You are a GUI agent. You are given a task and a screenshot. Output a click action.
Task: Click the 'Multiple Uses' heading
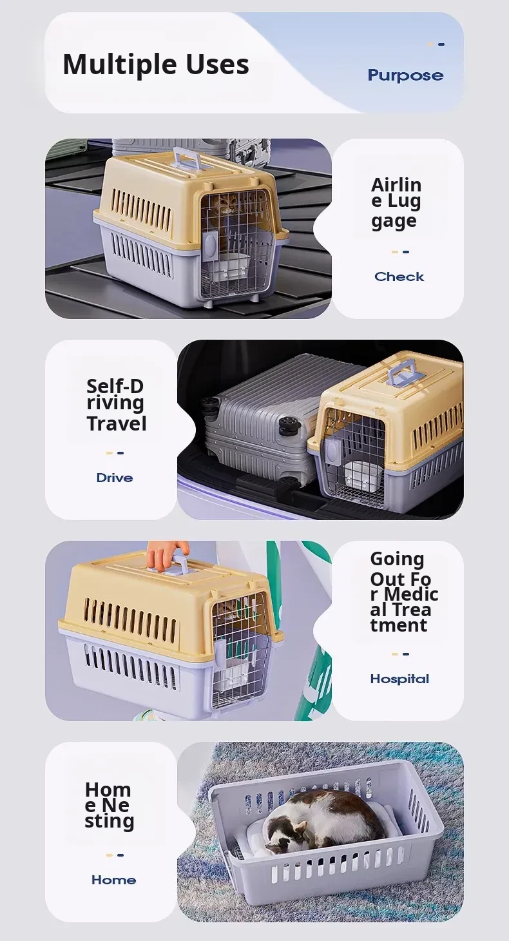pyautogui.click(x=156, y=65)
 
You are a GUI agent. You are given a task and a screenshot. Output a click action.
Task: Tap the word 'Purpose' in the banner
pyautogui.click(x=406, y=75)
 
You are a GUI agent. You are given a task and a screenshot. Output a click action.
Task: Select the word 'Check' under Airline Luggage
pyautogui.click(x=399, y=276)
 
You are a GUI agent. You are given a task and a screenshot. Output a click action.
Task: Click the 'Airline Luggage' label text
pyautogui.click(x=396, y=203)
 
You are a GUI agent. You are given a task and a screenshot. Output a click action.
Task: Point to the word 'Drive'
pyautogui.click(x=115, y=478)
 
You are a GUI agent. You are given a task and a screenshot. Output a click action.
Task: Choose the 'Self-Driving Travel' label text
pyautogui.click(x=117, y=405)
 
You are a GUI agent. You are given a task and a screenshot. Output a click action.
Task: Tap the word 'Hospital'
pyautogui.click(x=400, y=679)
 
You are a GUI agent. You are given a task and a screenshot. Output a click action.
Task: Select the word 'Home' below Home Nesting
pyautogui.click(x=114, y=880)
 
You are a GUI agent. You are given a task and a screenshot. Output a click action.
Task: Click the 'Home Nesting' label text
pyautogui.click(x=109, y=806)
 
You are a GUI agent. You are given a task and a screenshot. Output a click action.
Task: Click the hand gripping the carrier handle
pyautogui.click(x=166, y=554)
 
